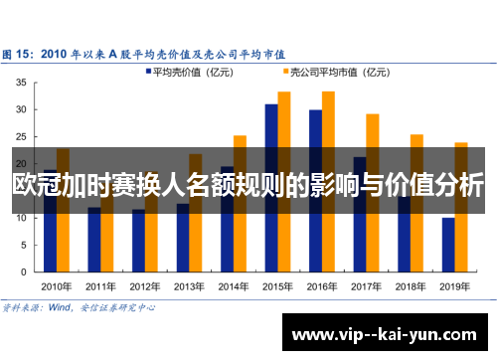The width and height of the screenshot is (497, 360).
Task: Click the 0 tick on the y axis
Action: click(x=23, y=270)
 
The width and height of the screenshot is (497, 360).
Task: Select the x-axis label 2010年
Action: click(x=57, y=285)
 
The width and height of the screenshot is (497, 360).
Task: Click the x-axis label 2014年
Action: click(x=234, y=285)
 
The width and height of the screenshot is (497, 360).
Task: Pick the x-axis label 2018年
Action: click(x=411, y=285)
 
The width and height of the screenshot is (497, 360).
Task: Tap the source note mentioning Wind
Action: click(x=80, y=307)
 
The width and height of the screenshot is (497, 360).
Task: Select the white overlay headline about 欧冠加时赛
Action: click(x=248, y=185)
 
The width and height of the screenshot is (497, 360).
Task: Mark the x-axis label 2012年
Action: click(x=145, y=285)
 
